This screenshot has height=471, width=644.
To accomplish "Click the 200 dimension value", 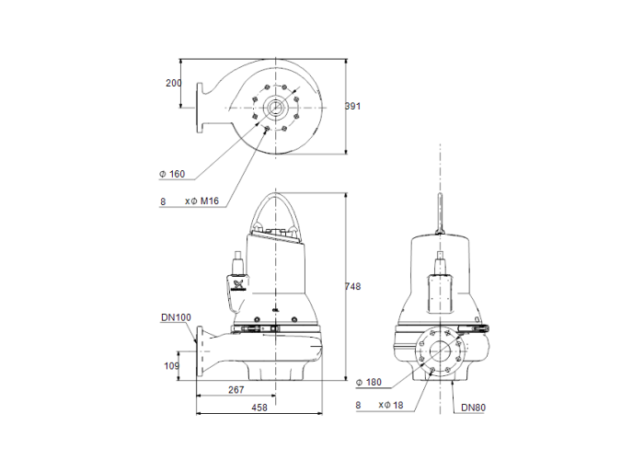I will click(x=173, y=83).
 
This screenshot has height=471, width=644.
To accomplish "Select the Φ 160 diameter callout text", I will click(x=172, y=174).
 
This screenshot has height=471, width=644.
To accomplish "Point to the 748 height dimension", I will click(x=352, y=286).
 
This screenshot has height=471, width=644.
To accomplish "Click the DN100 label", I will click(x=176, y=317).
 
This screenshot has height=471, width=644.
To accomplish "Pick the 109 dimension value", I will click(x=172, y=366).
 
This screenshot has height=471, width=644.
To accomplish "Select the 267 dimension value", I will click(x=236, y=391).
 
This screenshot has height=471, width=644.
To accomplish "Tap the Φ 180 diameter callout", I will click(x=370, y=382).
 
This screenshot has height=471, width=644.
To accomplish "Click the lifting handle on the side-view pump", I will click(x=277, y=214).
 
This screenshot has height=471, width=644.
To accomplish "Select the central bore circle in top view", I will click(x=275, y=109).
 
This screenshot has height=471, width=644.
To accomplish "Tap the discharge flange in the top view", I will click(x=197, y=109).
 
